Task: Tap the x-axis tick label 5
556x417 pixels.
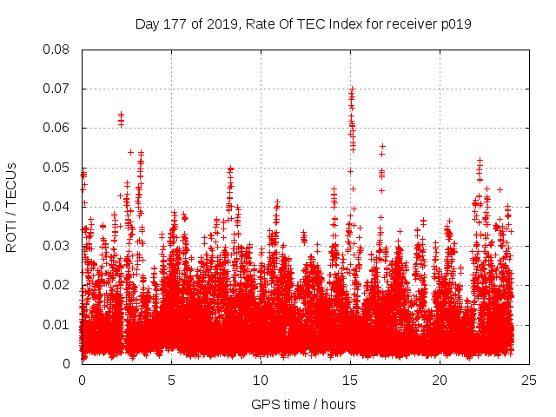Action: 171,380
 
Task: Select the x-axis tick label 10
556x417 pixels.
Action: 261,380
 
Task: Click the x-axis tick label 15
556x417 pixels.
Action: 350,380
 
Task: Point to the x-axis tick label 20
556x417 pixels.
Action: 440,380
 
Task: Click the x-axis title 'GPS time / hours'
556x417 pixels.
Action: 303,404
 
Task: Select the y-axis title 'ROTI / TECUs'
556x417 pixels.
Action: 11,207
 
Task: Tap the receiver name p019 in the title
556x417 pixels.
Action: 455,23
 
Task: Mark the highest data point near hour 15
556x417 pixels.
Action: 352,89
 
